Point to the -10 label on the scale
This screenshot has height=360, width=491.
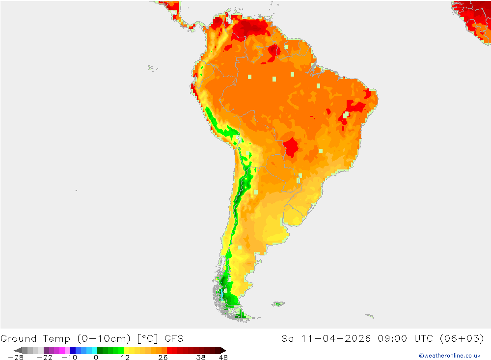[x=70, y=357]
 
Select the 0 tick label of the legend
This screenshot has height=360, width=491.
[x=96, y=357]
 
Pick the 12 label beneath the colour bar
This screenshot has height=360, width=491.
[x=125, y=357]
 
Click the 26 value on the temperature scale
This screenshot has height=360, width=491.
[x=163, y=357]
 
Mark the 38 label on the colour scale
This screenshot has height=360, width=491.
[x=200, y=357]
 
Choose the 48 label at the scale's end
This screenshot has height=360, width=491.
[x=223, y=357]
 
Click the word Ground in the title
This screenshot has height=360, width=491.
[x=19, y=338]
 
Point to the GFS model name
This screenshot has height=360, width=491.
[x=174, y=338]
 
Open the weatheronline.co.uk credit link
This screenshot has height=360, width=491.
[x=449, y=356]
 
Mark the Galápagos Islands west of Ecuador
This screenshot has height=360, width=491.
[x=152, y=68]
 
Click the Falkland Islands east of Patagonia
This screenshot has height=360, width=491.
[x=278, y=304]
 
